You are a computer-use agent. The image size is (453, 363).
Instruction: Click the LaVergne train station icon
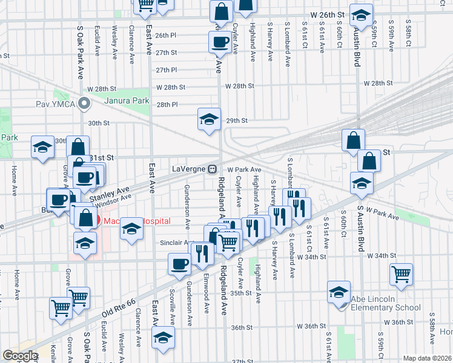click(213, 169)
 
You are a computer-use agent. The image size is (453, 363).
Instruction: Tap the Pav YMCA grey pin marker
click(85, 104)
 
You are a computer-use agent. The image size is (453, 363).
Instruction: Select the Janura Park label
click(127, 100)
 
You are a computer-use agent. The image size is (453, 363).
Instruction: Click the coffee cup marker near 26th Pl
click(219, 42)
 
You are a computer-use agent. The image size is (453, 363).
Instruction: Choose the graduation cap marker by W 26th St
click(362, 16)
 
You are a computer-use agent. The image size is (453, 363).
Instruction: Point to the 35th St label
click(240, 293)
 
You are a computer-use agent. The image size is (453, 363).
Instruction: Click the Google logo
click(20, 356)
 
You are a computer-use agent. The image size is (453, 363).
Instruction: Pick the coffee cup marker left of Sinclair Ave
click(180, 263)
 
